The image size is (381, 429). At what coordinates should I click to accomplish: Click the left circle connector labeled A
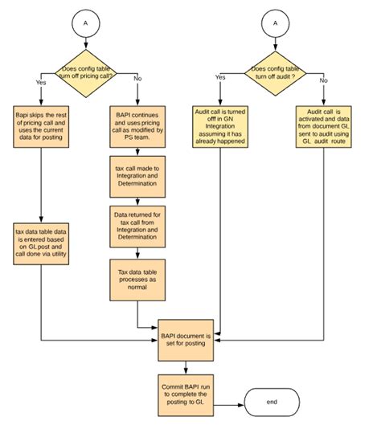pos(85,24)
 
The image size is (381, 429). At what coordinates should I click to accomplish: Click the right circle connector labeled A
pos(277,24)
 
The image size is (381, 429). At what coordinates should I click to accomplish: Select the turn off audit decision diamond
pos(277,73)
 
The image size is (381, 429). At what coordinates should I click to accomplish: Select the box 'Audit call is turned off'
pos(220,126)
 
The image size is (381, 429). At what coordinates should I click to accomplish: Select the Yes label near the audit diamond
pos(220,77)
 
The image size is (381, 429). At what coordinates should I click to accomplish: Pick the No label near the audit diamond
pos(324,80)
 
